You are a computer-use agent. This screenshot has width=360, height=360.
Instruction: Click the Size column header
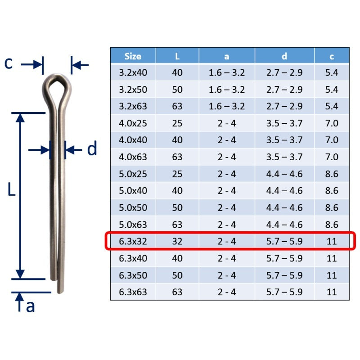point(133,56)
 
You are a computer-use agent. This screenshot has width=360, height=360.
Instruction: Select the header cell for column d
point(284,56)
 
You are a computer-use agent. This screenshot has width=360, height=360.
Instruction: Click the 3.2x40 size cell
point(133,72)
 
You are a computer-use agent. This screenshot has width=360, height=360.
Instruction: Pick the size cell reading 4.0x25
point(133,123)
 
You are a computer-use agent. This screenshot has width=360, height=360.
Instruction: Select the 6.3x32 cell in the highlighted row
point(133,241)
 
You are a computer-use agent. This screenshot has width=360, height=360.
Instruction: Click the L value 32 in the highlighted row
point(177,241)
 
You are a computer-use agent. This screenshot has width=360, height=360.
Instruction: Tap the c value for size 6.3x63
point(332,292)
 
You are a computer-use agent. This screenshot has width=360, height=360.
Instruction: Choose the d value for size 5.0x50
point(284,207)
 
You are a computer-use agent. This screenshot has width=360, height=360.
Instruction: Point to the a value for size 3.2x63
point(227,106)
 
